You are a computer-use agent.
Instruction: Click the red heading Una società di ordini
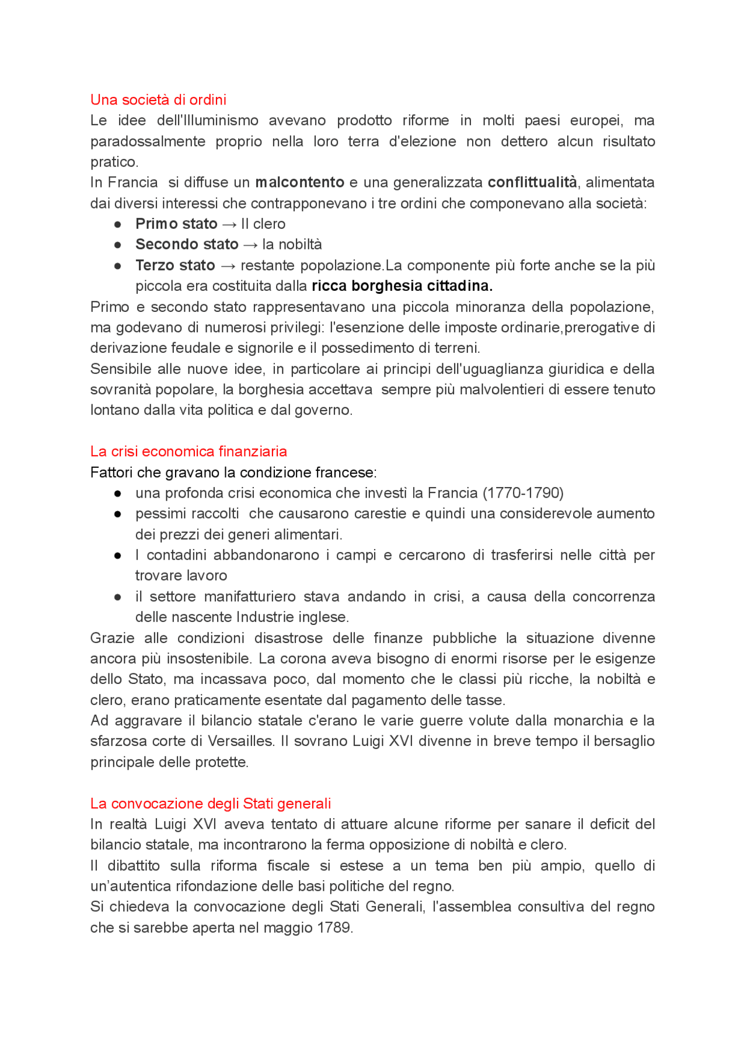click(158, 99)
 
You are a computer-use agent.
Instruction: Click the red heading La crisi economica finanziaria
click(189, 451)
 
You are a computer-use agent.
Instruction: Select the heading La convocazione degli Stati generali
click(210, 803)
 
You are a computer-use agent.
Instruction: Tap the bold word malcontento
click(299, 182)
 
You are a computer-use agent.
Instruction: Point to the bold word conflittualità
click(532, 182)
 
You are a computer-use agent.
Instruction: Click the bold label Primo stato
click(176, 224)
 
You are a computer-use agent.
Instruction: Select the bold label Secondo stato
click(187, 244)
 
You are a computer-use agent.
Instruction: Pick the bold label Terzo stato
click(175, 265)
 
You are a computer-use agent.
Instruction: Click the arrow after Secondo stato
click(250, 245)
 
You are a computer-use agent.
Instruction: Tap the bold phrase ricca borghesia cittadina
click(402, 286)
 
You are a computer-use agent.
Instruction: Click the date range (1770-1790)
click(523, 493)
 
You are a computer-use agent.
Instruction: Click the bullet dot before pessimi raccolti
click(118, 514)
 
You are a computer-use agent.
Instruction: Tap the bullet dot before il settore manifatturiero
click(118, 597)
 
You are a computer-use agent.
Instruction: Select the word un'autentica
click(131, 886)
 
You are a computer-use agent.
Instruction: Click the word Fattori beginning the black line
click(111, 472)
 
